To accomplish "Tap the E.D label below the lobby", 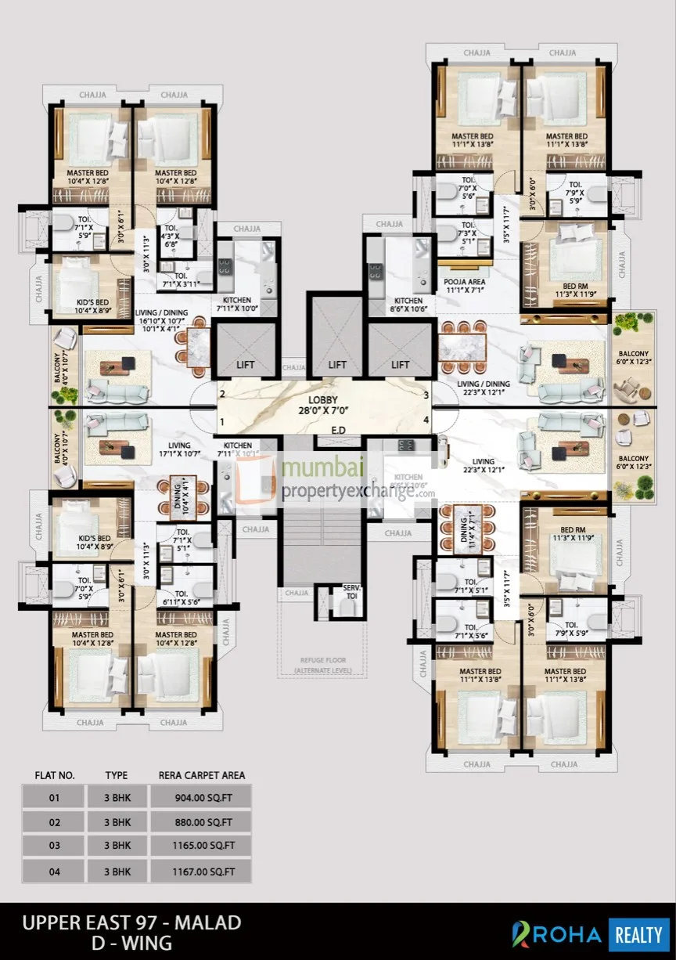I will (338, 430).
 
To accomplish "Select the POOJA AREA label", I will (465, 284).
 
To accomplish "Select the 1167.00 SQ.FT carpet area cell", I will (203, 871).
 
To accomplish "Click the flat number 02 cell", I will (54, 821).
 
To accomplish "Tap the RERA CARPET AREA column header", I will (202, 775).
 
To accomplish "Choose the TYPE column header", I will (117, 775).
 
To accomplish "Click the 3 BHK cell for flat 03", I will (117, 846).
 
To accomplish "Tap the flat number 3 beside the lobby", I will (426, 395).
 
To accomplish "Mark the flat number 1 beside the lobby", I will (223, 423).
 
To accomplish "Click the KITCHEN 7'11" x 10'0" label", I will (237, 305).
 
